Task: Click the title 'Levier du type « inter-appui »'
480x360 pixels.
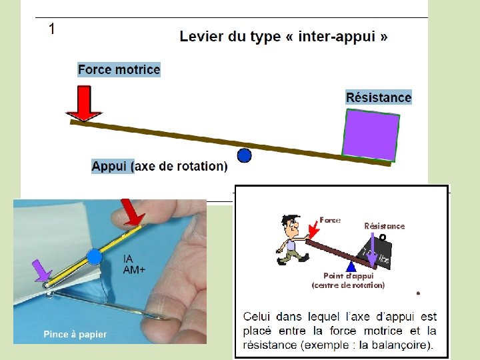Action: [x=283, y=37]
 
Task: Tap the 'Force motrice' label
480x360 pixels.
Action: [x=119, y=69]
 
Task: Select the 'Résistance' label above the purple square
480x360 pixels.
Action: [x=379, y=97]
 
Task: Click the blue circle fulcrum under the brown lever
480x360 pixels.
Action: [x=245, y=155]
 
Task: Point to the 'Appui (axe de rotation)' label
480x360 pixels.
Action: [x=159, y=166]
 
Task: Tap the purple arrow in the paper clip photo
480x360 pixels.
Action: [x=43, y=270]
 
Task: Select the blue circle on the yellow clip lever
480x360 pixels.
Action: [x=95, y=256]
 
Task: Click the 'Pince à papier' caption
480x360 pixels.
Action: [x=75, y=334]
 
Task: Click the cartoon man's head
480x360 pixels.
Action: [x=288, y=224]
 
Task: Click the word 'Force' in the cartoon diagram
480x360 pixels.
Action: [x=330, y=219]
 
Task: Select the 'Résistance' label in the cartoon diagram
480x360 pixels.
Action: [x=385, y=226]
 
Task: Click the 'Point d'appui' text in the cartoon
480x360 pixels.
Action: [x=348, y=276]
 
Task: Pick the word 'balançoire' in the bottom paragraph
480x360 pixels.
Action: [x=401, y=345]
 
